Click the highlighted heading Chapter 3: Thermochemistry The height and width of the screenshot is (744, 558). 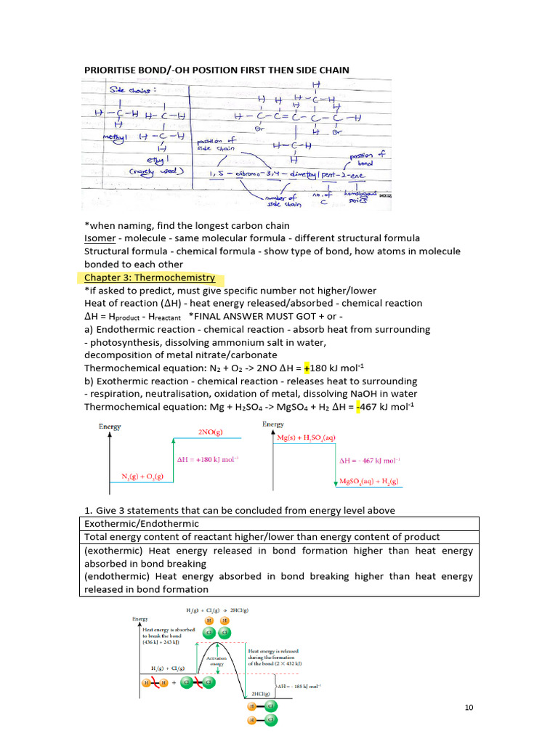(150, 278)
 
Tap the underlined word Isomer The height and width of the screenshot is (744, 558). (100, 238)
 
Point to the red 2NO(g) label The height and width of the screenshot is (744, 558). (210, 432)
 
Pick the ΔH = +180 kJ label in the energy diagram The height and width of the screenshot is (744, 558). (208, 459)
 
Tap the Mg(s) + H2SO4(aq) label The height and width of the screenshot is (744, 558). (310, 437)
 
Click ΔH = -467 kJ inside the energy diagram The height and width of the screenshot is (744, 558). (370, 460)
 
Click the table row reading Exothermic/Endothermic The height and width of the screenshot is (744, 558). (142, 523)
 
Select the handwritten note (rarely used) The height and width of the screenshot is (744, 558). (157, 171)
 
